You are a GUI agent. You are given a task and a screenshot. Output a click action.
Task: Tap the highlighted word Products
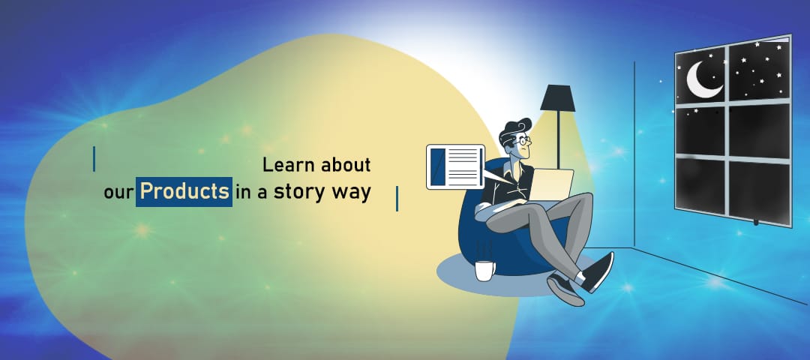coord(184,191)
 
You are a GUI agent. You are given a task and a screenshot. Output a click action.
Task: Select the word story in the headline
coord(298,192)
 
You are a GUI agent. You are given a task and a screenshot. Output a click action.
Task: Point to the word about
coord(346,165)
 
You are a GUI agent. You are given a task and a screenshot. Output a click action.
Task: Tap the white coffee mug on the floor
coord(484,271)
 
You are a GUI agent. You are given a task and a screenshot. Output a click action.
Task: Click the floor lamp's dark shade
coord(558,98)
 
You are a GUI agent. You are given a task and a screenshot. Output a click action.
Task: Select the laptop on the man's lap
coord(550,184)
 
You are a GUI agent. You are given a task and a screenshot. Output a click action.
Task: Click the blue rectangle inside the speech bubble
coord(437,166)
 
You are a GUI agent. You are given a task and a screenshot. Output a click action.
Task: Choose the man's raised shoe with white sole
coord(598,271)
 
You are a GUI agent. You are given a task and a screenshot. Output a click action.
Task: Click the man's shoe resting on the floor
coord(565,289)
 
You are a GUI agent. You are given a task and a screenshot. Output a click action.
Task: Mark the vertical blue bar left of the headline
coord(94,159)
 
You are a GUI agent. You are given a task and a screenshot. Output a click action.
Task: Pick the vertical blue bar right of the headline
coord(397,199)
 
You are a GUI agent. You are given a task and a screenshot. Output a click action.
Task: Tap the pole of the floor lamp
coord(558,139)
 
